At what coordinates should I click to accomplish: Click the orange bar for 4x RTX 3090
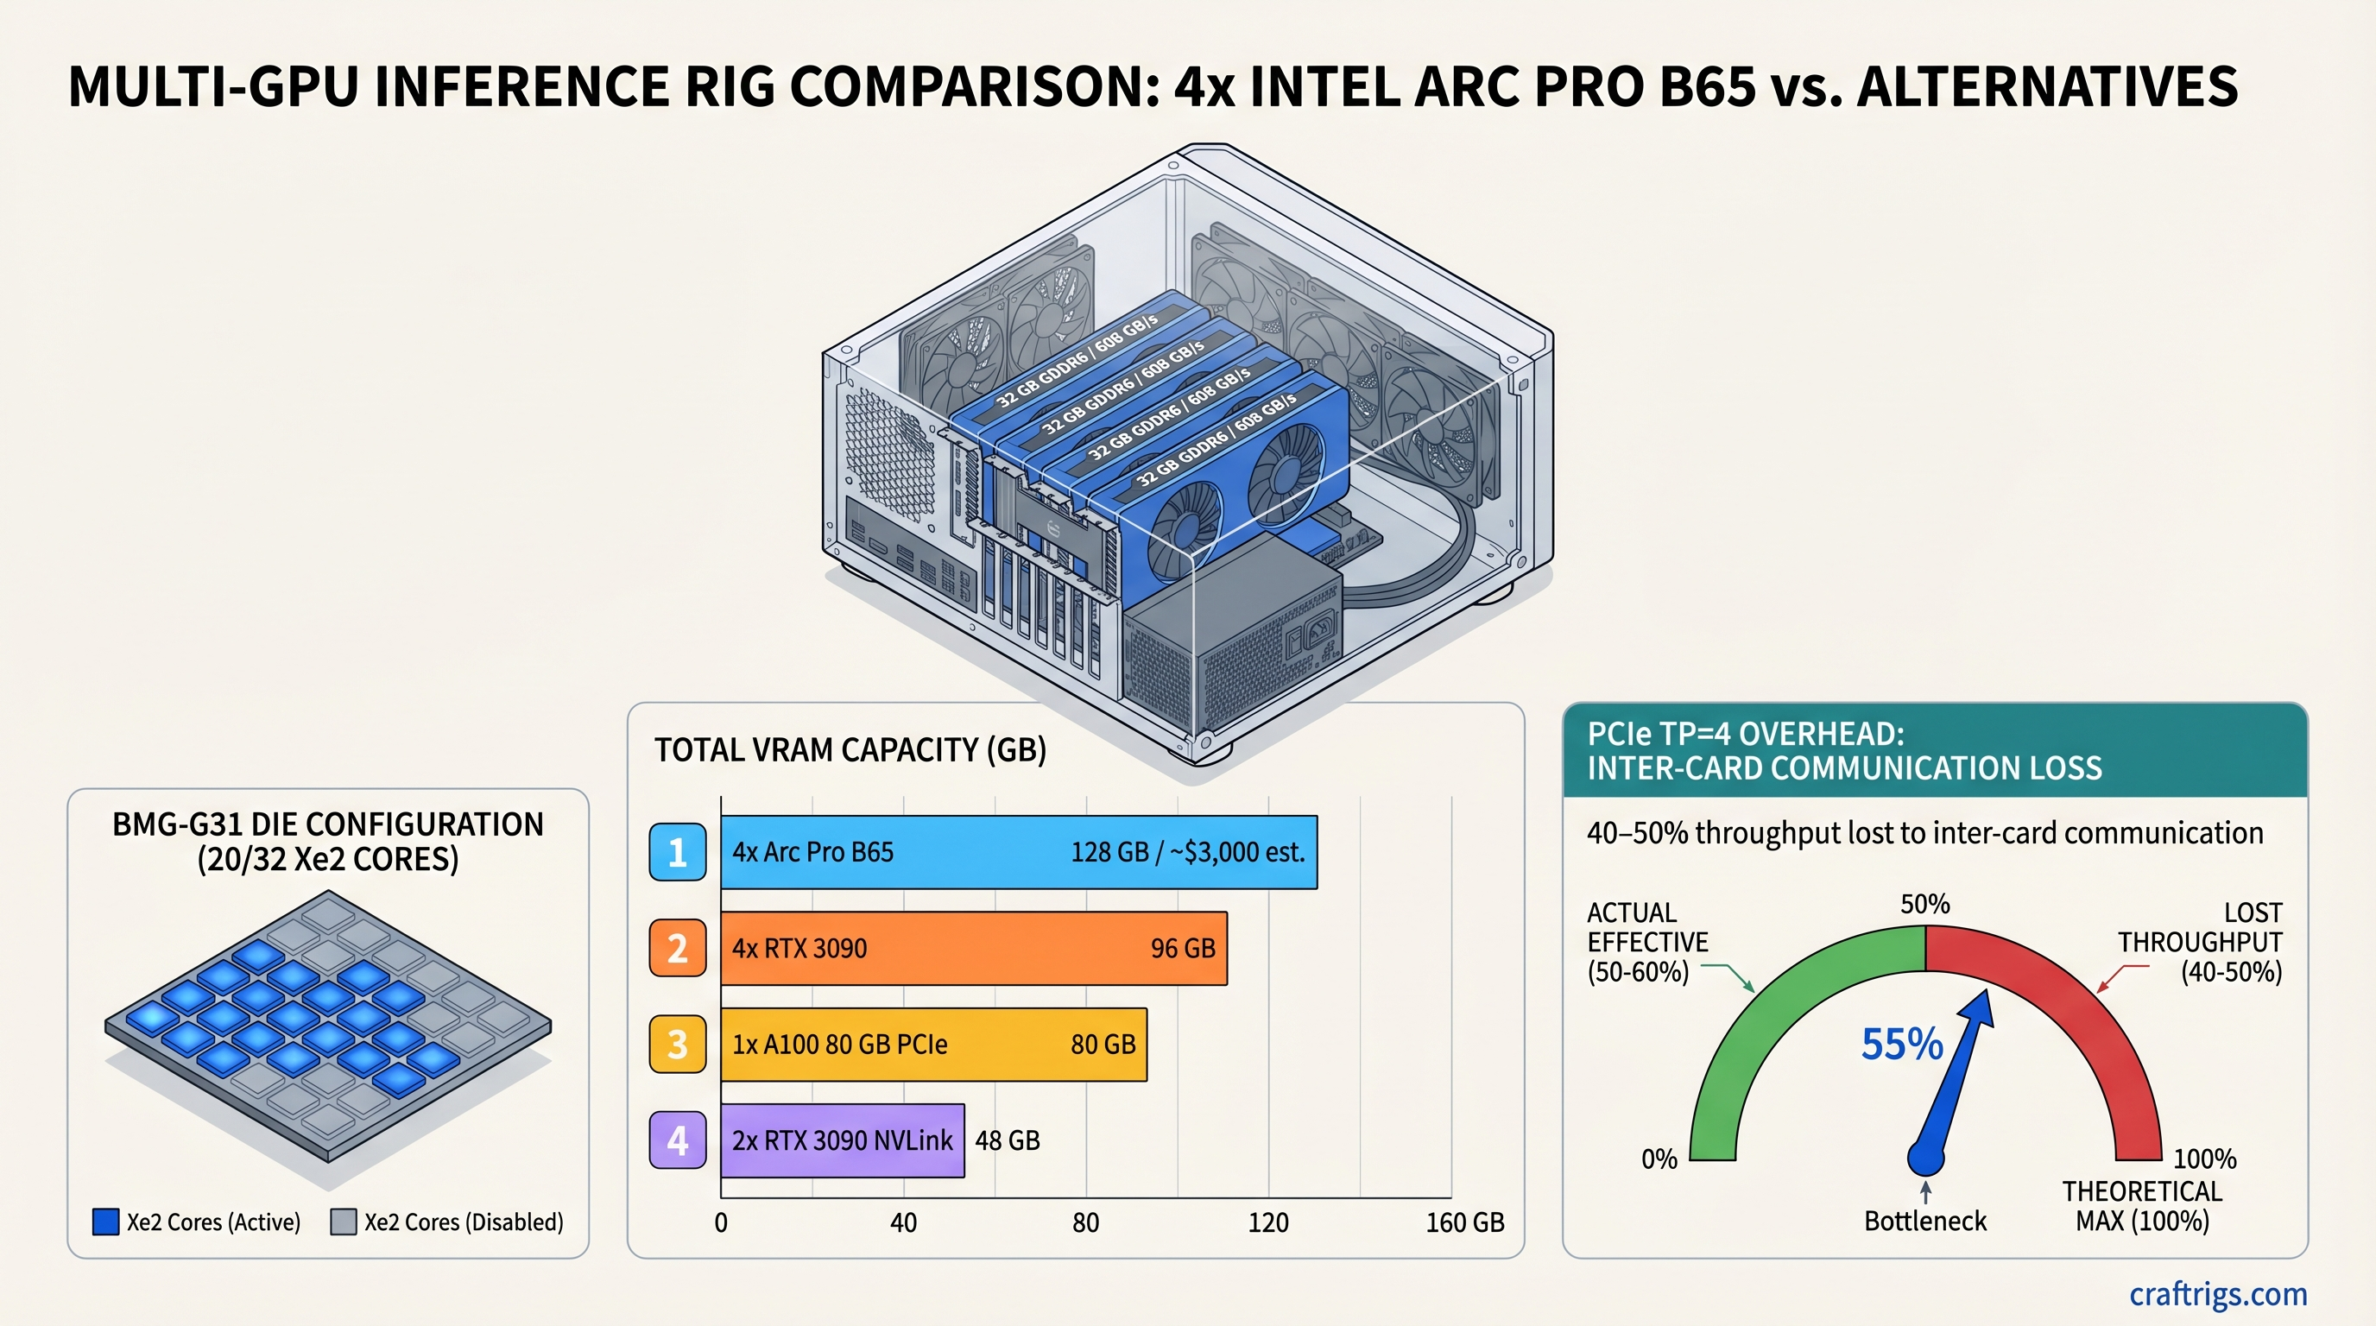[973, 948]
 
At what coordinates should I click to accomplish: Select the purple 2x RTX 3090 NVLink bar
[842, 1140]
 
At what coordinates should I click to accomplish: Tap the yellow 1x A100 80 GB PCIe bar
[933, 1044]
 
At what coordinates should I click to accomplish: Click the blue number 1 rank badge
[677, 852]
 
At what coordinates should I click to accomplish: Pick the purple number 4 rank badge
[677, 1140]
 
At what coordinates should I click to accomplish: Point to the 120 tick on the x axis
[1267, 1222]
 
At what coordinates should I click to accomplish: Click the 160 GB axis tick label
[1463, 1222]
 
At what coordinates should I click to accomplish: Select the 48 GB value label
[1008, 1140]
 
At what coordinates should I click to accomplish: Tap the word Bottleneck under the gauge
[1925, 1221]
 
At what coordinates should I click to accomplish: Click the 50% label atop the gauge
[1925, 904]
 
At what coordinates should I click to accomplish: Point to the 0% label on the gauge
[1659, 1159]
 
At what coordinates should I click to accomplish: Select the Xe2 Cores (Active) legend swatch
[106, 1222]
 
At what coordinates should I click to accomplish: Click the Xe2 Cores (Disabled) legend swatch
[343, 1222]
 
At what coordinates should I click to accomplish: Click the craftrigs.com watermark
[2217, 1294]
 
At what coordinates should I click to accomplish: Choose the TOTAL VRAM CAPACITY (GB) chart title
[850, 749]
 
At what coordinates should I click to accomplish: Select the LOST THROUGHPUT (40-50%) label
[2200, 943]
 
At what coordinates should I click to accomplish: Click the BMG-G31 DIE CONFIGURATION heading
[327, 824]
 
